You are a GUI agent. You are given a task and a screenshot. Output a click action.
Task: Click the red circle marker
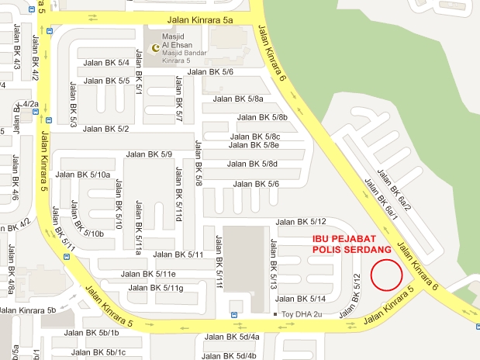pyautogui.click(x=387, y=274)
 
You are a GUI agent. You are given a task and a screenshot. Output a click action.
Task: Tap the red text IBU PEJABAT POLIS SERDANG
pyautogui.click(x=346, y=244)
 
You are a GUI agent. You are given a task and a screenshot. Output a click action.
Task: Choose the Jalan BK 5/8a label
pyautogui.click(x=239, y=99)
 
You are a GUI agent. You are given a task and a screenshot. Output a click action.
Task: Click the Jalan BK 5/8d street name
pyautogui.click(x=251, y=164)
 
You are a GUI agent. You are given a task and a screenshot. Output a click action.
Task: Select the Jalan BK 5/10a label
pyautogui.click(x=83, y=175)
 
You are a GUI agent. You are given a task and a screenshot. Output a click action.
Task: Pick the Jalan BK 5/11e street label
pyautogui.click(x=149, y=274)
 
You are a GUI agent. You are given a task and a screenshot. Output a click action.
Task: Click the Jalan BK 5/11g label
pyautogui.click(x=155, y=289)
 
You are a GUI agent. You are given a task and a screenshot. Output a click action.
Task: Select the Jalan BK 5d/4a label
pyautogui.click(x=232, y=337)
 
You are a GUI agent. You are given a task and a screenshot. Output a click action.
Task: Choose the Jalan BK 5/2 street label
pyautogui.click(x=105, y=129)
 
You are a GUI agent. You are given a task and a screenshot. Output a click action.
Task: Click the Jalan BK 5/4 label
pyautogui.click(x=106, y=62)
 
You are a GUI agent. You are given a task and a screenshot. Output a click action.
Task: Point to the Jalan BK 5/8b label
pyautogui.click(x=262, y=118)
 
